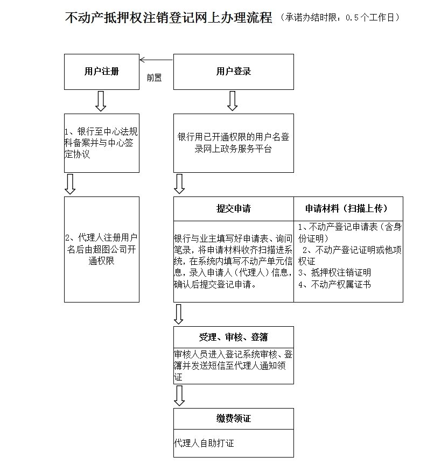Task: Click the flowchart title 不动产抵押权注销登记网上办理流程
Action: point(168,18)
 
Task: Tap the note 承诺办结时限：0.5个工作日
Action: point(340,18)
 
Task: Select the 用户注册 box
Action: point(102,72)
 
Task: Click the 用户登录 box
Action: point(233,72)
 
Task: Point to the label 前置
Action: point(154,78)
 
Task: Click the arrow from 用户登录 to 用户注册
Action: point(156,60)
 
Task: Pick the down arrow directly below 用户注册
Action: point(101,101)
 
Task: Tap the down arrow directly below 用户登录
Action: point(233,101)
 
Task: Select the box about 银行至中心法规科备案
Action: point(102,143)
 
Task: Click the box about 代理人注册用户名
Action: point(102,249)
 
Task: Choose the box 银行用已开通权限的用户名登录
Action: point(233,143)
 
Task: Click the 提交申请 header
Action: point(233,209)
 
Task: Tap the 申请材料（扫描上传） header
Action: point(348,209)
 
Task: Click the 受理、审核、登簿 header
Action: point(233,338)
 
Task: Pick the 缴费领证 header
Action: point(233,419)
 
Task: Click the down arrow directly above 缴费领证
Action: point(179,396)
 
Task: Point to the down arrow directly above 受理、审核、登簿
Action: point(179,314)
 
